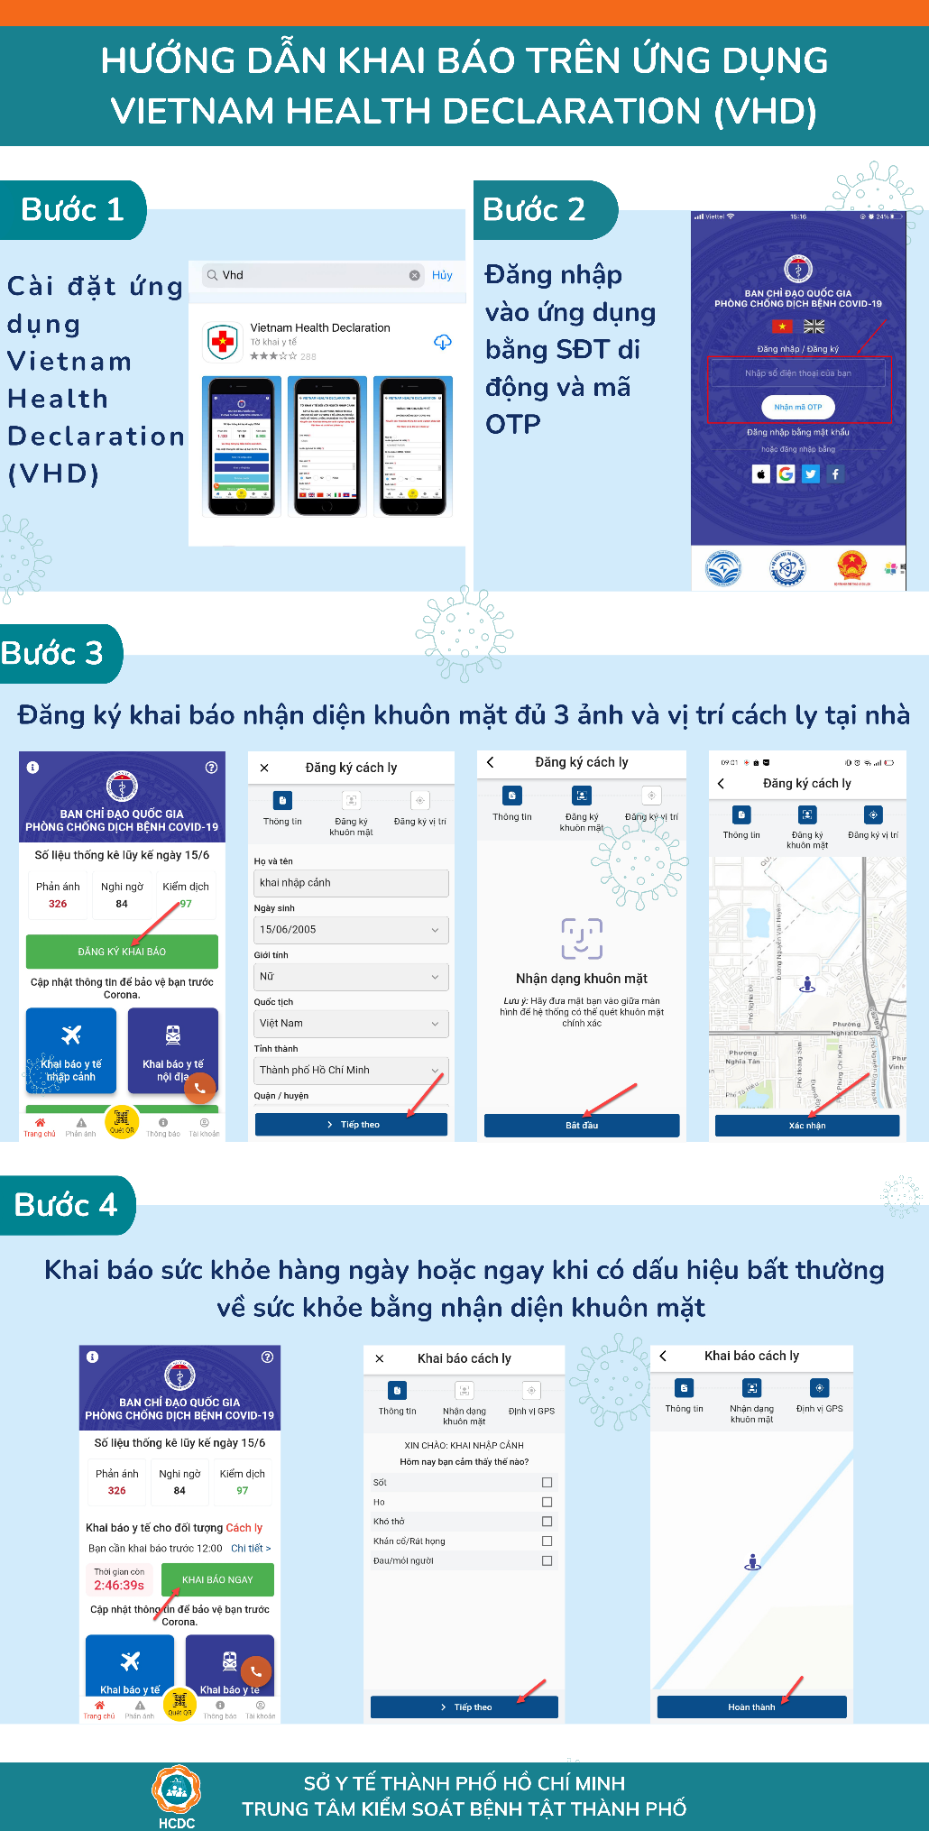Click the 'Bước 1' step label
(x=72, y=210)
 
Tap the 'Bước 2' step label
(x=534, y=210)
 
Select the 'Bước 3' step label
(x=52, y=653)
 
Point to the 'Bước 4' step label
(x=66, y=1205)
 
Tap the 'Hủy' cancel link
(x=442, y=275)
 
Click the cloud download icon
(x=443, y=342)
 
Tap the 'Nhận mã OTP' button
(x=798, y=407)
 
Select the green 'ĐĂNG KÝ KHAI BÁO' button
(x=122, y=952)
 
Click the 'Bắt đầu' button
(x=582, y=1125)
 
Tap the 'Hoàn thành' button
(x=751, y=1707)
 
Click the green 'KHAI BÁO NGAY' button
(x=217, y=1579)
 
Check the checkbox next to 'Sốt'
(x=547, y=1482)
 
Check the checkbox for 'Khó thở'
(x=547, y=1522)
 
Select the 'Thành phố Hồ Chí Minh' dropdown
(x=351, y=1070)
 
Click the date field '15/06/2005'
(x=351, y=929)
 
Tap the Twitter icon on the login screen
(x=811, y=474)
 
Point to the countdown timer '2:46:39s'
(x=119, y=1585)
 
